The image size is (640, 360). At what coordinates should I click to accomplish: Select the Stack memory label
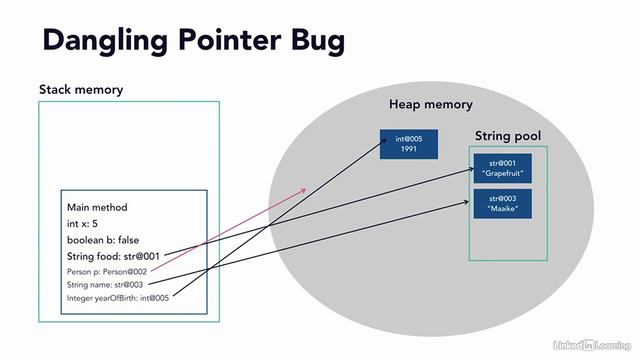point(81,90)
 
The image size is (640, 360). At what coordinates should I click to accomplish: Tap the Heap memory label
point(430,105)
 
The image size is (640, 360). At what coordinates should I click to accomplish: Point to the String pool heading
point(508,134)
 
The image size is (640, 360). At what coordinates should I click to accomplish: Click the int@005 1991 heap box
point(408,143)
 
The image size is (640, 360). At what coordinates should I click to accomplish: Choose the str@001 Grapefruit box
point(502,168)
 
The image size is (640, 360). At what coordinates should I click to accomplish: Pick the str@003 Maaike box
point(502,203)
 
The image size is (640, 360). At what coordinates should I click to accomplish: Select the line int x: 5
point(88,223)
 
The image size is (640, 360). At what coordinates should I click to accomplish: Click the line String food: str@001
point(113,256)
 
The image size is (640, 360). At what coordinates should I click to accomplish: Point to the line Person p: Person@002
point(108,270)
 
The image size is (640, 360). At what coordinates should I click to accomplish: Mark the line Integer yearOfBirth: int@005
point(118,297)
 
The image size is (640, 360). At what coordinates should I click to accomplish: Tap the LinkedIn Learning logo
point(593,345)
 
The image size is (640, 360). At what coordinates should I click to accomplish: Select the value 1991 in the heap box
point(408,149)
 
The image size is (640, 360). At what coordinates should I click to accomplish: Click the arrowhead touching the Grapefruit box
point(469,170)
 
